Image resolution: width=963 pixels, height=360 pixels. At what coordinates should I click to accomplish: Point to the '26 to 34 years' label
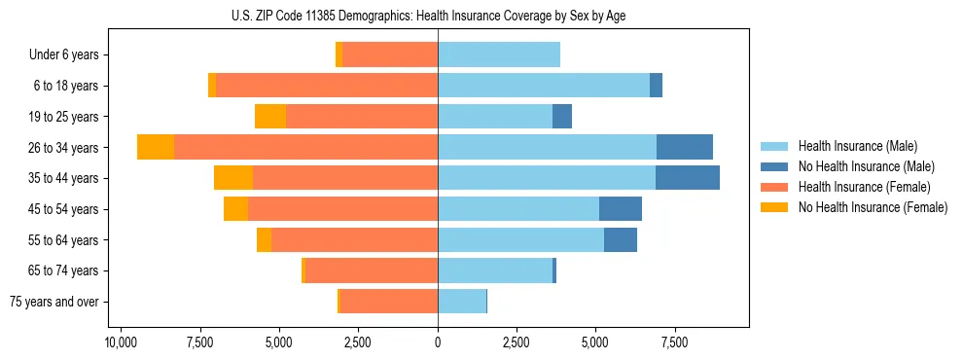click(x=63, y=148)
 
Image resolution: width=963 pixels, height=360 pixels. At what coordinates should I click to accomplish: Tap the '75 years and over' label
click(x=54, y=302)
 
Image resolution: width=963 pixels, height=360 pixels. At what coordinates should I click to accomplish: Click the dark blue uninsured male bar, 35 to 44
click(x=688, y=178)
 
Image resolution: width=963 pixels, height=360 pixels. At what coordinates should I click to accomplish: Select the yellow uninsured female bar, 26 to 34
click(x=156, y=147)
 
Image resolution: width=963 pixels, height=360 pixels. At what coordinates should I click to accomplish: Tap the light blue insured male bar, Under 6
click(x=499, y=55)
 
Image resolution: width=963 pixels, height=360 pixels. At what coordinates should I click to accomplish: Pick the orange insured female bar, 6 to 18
click(x=327, y=86)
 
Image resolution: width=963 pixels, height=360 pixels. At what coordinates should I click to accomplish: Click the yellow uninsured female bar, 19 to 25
click(x=270, y=117)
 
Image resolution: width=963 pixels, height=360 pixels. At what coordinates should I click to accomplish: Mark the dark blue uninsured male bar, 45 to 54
click(x=621, y=209)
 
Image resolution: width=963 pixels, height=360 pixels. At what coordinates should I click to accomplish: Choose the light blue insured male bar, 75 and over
click(x=462, y=302)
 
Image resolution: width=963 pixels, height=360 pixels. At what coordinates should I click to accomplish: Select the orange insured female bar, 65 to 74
click(x=372, y=270)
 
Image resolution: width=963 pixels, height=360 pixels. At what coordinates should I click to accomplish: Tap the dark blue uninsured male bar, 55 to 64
click(x=621, y=239)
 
